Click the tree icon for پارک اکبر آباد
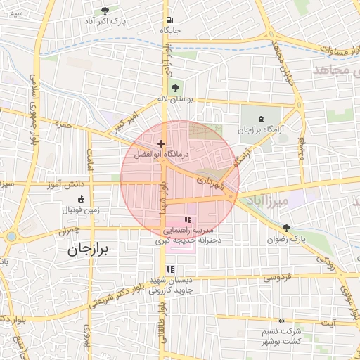[x=105, y=11]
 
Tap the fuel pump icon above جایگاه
[x=169, y=20]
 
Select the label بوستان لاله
[x=175, y=100]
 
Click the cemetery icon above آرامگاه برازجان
[x=261, y=119]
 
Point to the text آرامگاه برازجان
[x=259, y=131]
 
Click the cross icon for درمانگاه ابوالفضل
[x=162, y=143]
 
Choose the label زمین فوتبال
[x=78, y=210]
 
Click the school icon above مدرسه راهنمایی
[x=187, y=219]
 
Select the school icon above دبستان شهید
[x=169, y=269]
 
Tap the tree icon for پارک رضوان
[x=286, y=227]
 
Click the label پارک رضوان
[x=288, y=240]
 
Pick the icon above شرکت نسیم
[x=282, y=320]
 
